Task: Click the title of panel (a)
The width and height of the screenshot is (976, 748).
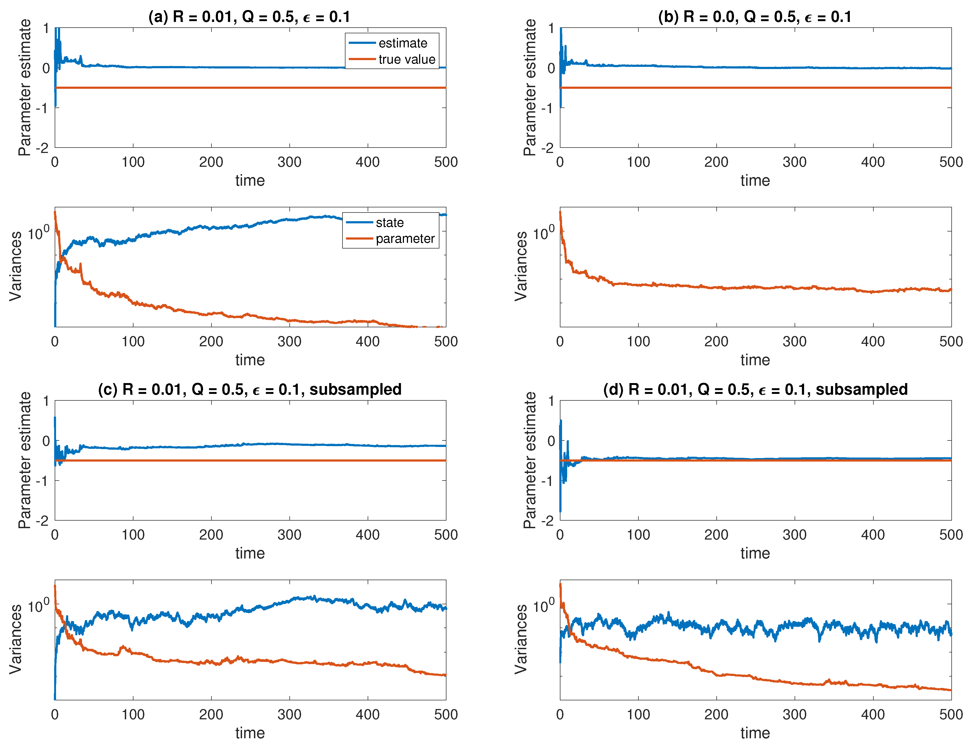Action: tap(249, 17)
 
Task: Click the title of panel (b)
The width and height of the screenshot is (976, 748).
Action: tap(755, 17)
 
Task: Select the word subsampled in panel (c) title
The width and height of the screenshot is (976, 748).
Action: tap(355, 390)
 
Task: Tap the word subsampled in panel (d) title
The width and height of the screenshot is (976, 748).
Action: tap(861, 390)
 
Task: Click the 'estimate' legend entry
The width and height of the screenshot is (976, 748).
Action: tap(403, 43)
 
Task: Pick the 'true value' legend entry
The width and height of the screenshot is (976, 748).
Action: tap(407, 59)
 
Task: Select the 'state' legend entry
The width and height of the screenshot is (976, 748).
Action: tap(390, 223)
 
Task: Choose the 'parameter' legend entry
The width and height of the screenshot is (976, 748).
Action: tap(405, 239)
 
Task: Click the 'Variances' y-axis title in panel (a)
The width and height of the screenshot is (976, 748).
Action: tap(16, 266)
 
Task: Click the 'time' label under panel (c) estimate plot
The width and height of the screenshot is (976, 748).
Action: tap(250, 553)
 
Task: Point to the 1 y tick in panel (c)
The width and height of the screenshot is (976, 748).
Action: tap(46, 401)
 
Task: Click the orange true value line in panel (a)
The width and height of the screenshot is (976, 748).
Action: tap(249, 88)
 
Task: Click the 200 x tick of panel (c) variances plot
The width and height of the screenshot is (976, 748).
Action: tap(211, 715)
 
